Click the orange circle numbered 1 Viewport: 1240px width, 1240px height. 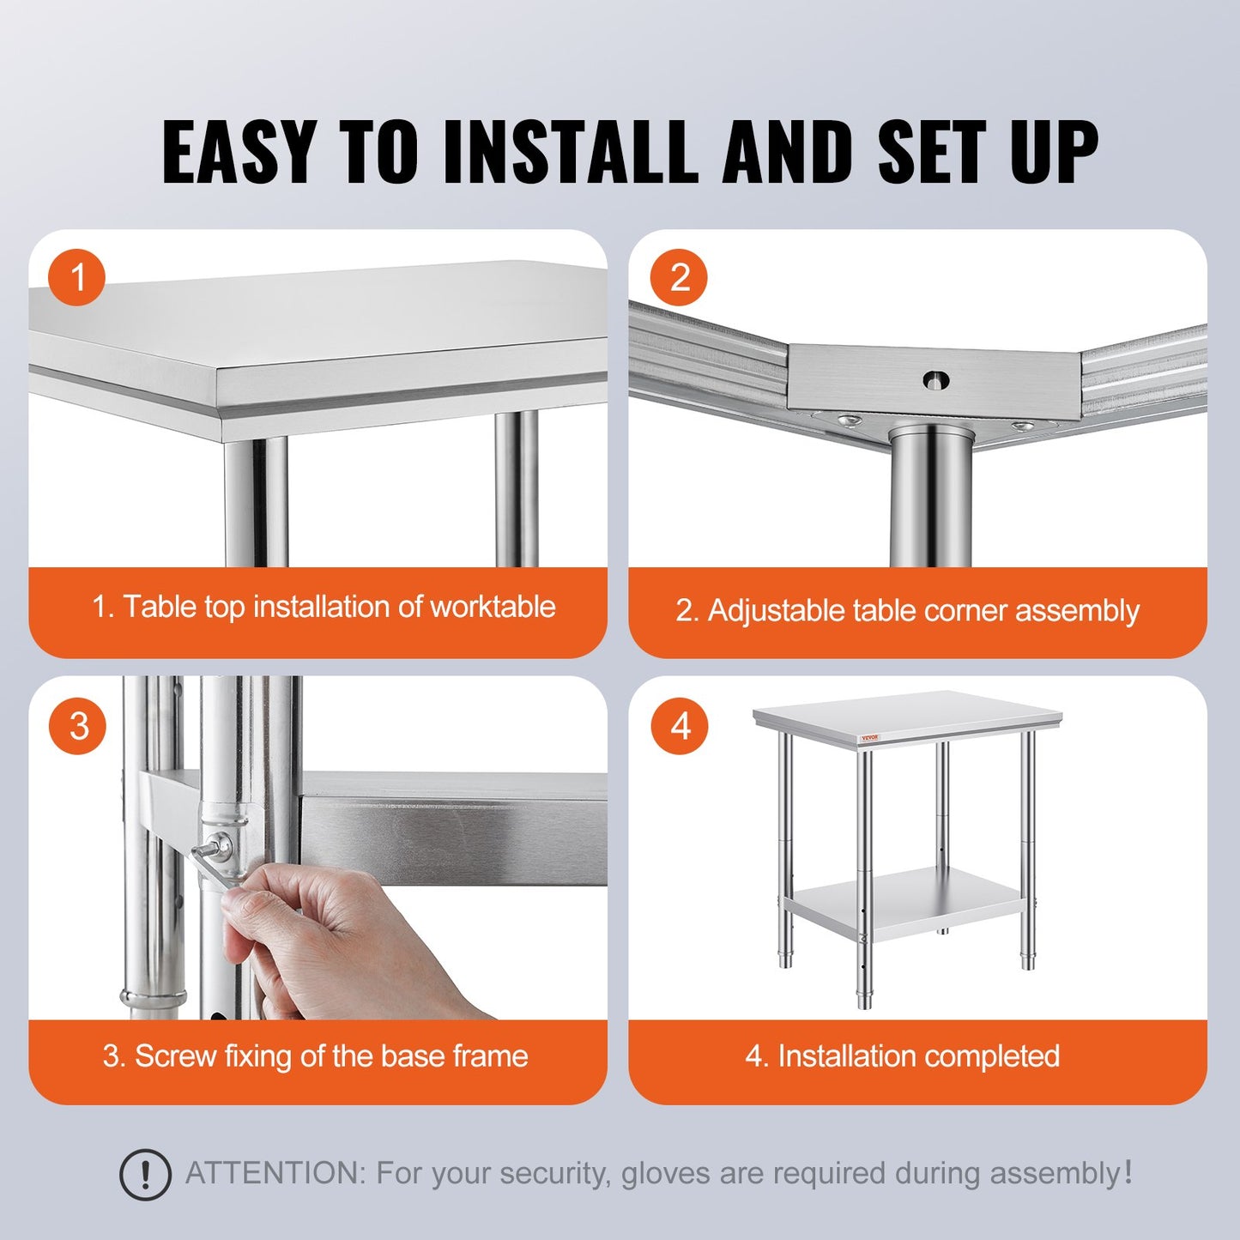coord(77,278)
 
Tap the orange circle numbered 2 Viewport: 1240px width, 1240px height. coord(679,278)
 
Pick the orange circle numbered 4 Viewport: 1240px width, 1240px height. coord(679,726)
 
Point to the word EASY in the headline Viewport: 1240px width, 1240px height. coord(238,152)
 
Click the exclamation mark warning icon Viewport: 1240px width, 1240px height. coord(144,1173)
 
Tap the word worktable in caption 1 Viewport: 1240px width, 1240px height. coord(493,607)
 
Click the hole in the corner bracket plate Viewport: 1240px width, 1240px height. coord(935,378)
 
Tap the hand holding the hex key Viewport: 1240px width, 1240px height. coord(343,935)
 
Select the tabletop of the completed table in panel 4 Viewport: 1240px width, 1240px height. coord(908,712)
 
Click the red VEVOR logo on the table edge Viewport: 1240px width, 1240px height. coord(870,738)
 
